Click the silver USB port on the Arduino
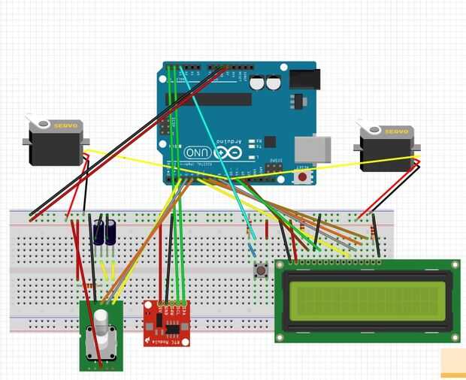click(x=312, y=149)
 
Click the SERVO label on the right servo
click(x=398, y=131)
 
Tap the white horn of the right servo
click(x=368, y=125)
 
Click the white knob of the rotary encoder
click(x=101, y=322)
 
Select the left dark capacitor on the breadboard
click(x=99, y=231)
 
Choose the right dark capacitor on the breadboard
click(x=110, y=231)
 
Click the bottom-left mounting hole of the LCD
click(x=280, y=338)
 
